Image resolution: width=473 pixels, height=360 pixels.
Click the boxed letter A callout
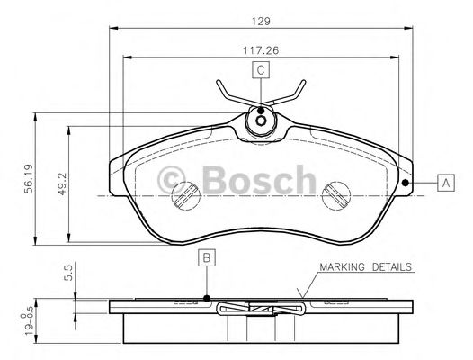click(444, 184)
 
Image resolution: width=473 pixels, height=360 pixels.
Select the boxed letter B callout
click(207, 259)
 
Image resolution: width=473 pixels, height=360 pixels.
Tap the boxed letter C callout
click(260, 71)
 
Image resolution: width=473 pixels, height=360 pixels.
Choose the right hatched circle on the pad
click(334, 193)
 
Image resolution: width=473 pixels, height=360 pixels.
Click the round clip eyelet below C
click(261, 119)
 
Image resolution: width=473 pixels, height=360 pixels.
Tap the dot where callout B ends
click(207, 298)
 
